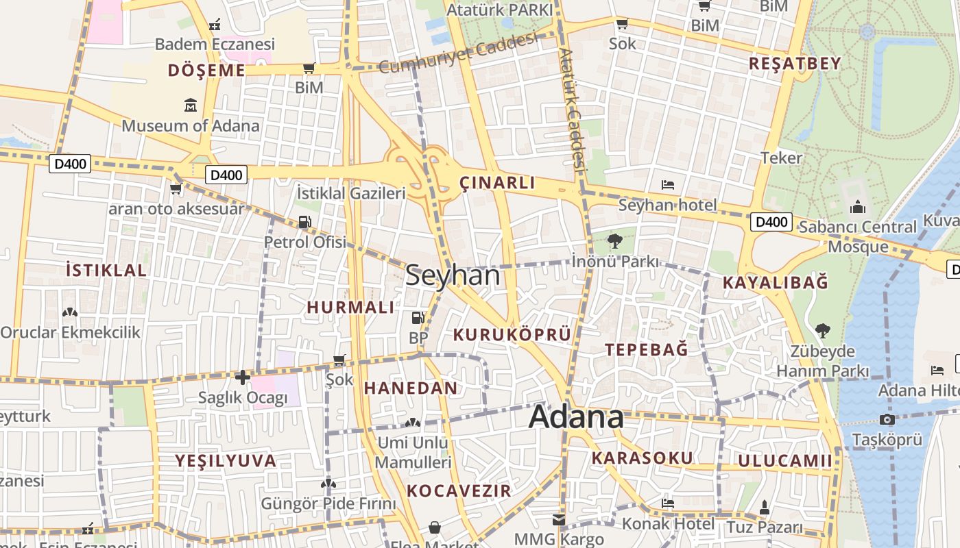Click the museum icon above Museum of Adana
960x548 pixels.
pyautogui.click(x=191, y=105)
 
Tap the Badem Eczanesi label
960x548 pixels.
pyautogui.click(x=215, y=45)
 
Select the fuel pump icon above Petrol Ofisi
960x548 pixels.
pyautogui.click(x=304, y=222)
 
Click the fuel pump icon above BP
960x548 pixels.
pyautogui.click(x=417, y=318)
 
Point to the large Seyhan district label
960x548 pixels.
pyautogui.click(x=453, y=275)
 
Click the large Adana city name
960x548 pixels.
pyautogui.click(x=577, y=416)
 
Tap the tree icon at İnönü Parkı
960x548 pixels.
pyautogui.click(x=614, y=240)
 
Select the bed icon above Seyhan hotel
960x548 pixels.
pyautogui.click(x=668, y=185)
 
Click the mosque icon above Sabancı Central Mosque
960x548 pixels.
pyautogui.click(x=857, y=207)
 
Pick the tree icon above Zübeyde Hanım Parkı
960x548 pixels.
pyautogui.click(x=822, y=331)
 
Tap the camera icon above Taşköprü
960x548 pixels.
pyautogui.click(x=887, y=419)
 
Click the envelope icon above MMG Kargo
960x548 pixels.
pyautogui.click(x=559, y=520)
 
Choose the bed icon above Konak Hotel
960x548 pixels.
pyautogui.click(x=668, y=503)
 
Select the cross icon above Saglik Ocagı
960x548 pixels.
pyautogui.click(x=242, y=377)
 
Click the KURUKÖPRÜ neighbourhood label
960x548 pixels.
pyautogui.click(x=512, y=335)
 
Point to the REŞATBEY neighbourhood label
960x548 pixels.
pyautogui.click(x=794, y=64)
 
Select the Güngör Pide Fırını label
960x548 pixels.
pyautogui.click(x=328, y=504)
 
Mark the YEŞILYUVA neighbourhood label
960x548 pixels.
pyautogui.click(x=226, y=461)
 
